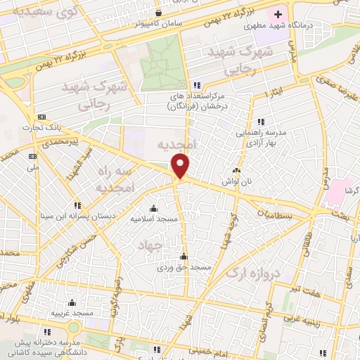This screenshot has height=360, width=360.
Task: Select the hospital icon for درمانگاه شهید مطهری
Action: [278, 14]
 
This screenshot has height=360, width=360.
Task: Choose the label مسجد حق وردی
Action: [184, 267]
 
